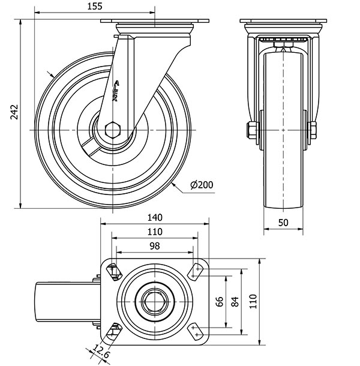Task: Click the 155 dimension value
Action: click(x=95, y=7)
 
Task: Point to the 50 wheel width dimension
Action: click(x=283, y=222)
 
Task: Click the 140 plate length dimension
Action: click(x=155, y=218)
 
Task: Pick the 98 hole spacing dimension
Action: click(x=154, y=246)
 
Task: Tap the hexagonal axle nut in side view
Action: click(x=113, y=130)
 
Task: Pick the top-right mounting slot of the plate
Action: click(x=197, y=271)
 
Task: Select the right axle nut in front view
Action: click(x=313, y=130)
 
